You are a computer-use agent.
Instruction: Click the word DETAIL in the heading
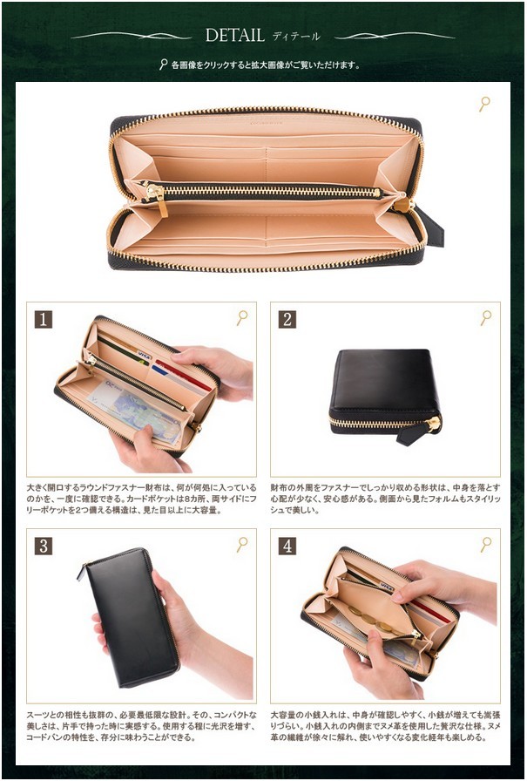[234, 36]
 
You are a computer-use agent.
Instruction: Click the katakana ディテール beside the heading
[296, 37]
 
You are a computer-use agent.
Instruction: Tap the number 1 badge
[44, 319]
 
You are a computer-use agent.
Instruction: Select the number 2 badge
[287, 319]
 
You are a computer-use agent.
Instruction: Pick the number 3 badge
[44, 546]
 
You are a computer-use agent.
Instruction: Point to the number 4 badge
[287, 546]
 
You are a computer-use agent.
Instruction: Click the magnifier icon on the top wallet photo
[484, 105]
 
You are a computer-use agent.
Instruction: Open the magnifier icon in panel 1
[241, 318]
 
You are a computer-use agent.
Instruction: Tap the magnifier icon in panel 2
[485, 318]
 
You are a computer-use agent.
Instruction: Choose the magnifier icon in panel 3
[241, 544]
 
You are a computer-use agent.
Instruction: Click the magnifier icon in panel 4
[485, 544]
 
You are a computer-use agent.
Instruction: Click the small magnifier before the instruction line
[163, 65]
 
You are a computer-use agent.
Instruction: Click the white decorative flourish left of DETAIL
[131, 36]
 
